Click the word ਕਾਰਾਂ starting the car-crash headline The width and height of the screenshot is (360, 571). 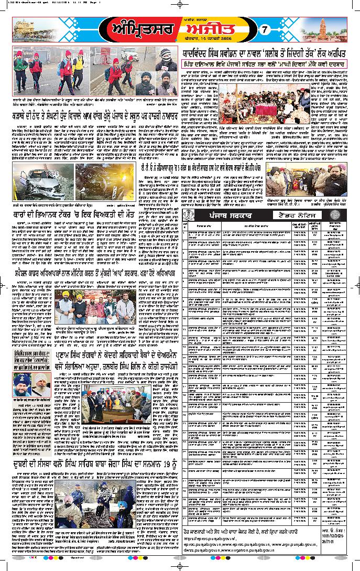(24, 215)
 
